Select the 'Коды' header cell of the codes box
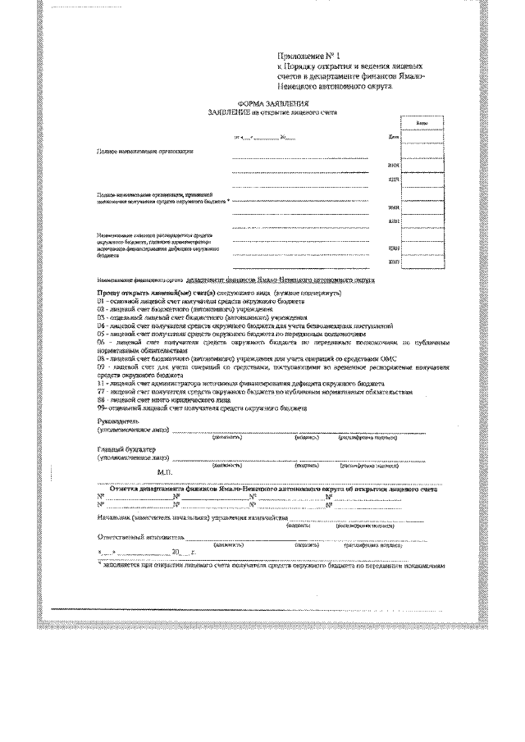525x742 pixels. pos(421,123)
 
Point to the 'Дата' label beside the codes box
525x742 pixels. pos(394,137)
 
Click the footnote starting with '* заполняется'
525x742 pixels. pos(271,566)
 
